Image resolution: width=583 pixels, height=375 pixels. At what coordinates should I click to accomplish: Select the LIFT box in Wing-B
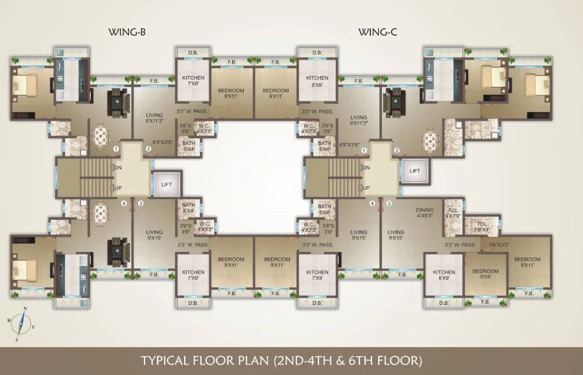point(167,184)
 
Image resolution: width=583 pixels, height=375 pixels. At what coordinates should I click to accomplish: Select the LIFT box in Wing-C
point(415,171)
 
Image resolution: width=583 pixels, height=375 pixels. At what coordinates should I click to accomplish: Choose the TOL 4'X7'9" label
point(453,212)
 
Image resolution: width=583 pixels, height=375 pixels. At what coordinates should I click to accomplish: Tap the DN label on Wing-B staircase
point(119,167)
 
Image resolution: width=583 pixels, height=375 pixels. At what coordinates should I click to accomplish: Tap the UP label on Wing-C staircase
point(366,188)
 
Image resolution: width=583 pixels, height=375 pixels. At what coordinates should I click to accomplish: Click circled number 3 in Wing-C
point(389,203)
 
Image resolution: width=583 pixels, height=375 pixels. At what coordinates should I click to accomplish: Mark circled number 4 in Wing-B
point(124,203)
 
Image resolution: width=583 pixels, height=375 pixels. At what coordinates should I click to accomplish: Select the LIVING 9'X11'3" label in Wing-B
point(154,117)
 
